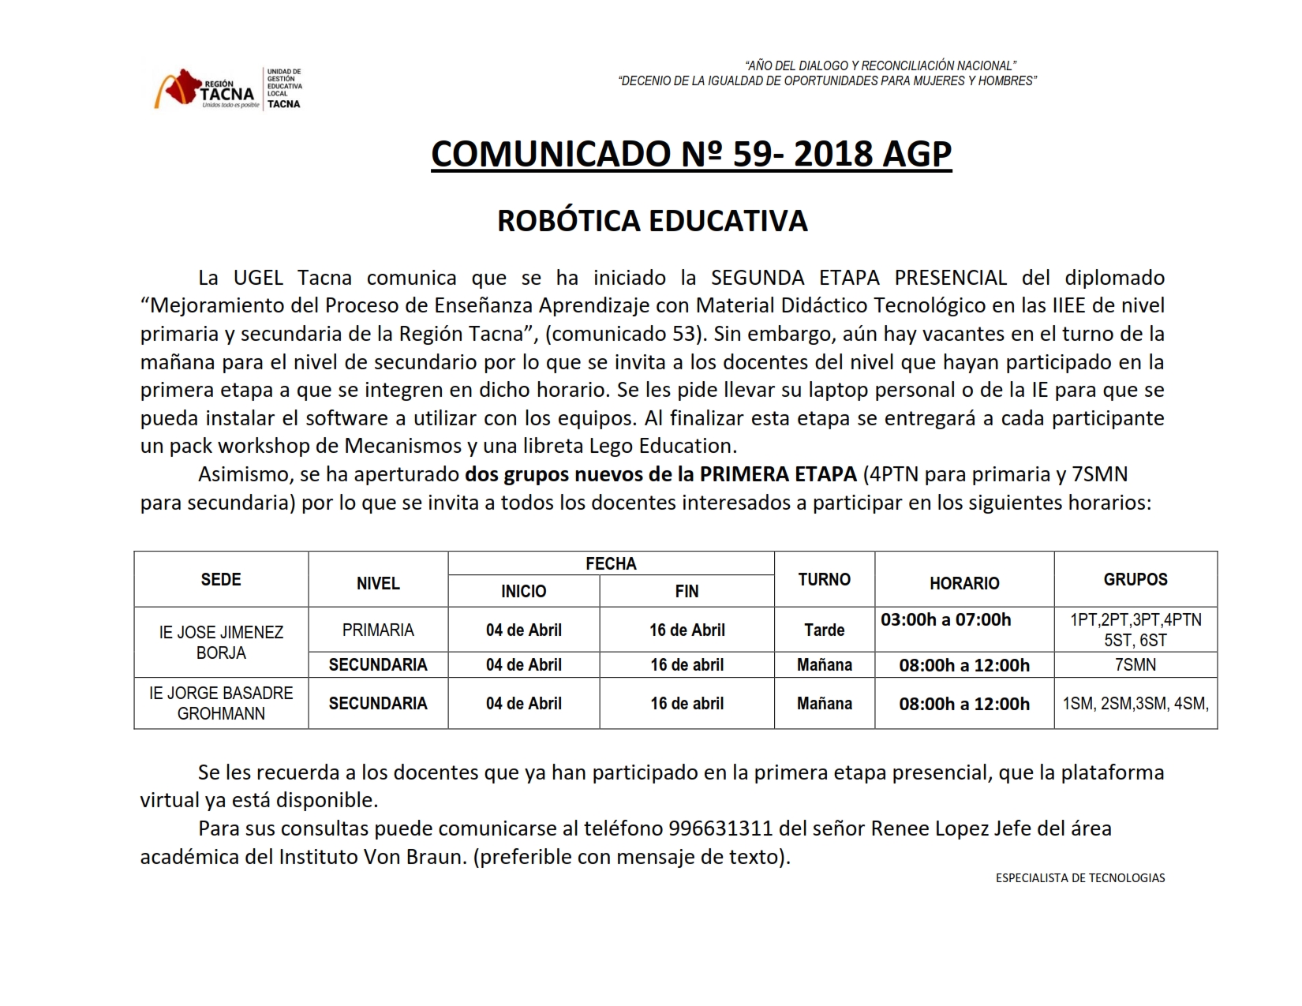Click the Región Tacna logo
[x=208, y=88]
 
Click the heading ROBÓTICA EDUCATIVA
[x=652, y=221]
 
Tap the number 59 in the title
[x=752, y=154]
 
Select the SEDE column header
[x=221, y=579]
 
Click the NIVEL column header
[x=378, y=583]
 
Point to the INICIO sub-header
[x=523, y=591]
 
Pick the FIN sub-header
[x=687, y=591]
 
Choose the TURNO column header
[x=824, y=579]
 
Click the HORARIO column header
[x=963, y=583]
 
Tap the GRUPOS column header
[x=1135, y=579]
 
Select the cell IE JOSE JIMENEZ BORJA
[x=221, y=642]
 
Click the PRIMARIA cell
[x=378, y=630]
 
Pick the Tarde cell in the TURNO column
[x=824, y=630]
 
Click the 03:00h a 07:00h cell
[x=945, y=619]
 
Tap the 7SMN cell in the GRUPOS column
[x=1135, y=664]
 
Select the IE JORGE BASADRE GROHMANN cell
[x=221, y=703]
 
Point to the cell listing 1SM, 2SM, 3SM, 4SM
[x=1135, y=703]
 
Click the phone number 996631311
[x=720, y=828]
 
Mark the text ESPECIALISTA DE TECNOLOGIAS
[x=1079, y=877]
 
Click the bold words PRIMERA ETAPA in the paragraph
[x=778, y=474]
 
